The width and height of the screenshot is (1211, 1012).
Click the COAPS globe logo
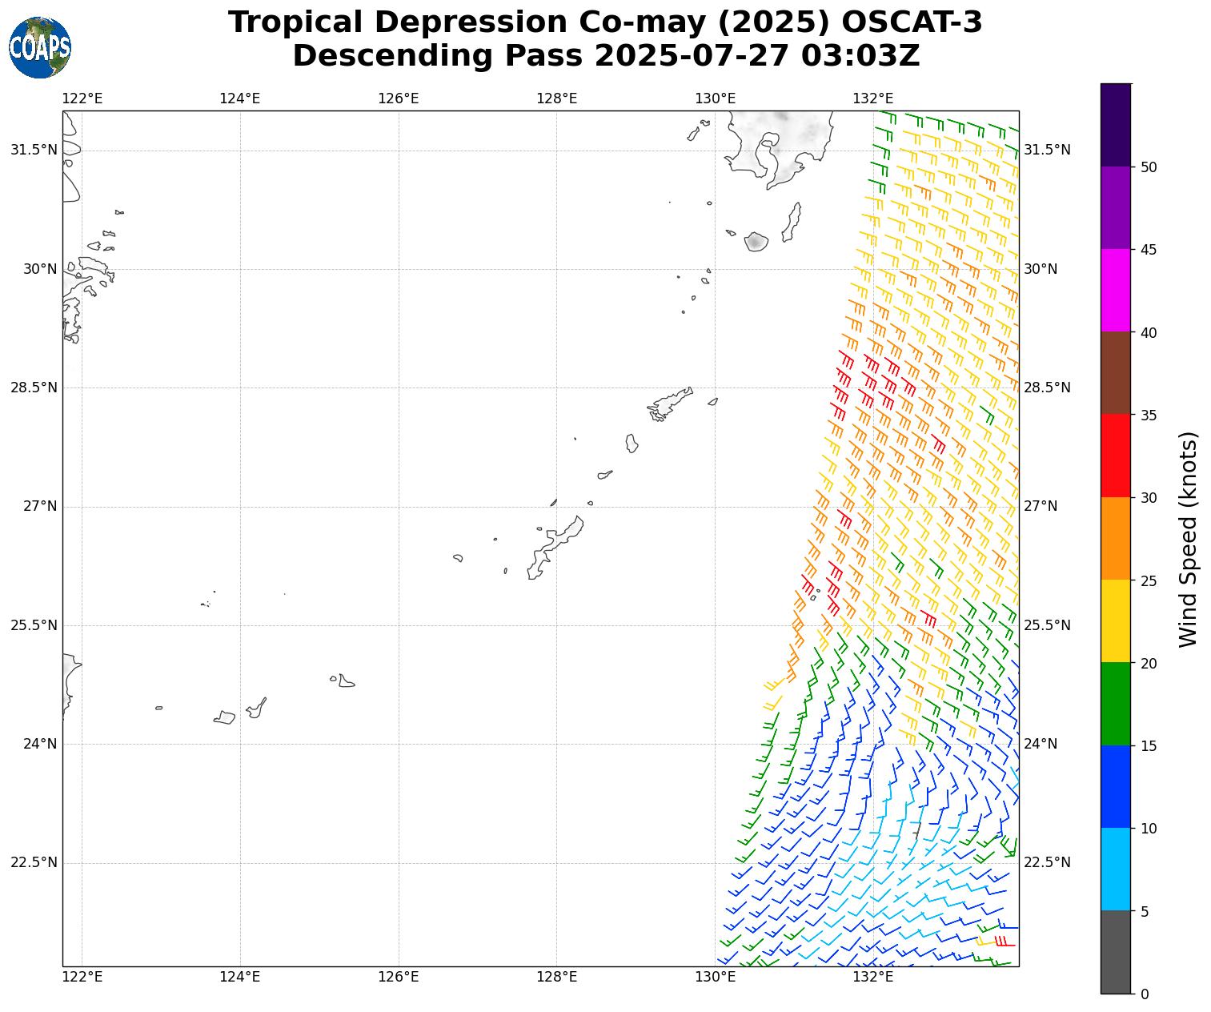coord(40,48)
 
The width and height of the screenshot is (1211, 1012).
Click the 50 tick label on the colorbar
coord(1149,167)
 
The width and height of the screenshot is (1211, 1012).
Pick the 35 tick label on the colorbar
coord(1149,416)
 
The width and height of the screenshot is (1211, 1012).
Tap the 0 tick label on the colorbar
coord(1145,994)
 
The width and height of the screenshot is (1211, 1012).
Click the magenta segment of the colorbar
coord(1116,290)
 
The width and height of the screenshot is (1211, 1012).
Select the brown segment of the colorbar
coord(1116,373)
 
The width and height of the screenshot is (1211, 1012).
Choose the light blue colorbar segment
coord(1116,869)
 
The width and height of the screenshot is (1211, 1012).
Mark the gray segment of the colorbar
coord(1116,952)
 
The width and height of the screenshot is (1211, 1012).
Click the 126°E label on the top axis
coord(399,98)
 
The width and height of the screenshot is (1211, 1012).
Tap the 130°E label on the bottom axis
coord(716,977)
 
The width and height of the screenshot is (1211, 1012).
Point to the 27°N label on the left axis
coord(40,506)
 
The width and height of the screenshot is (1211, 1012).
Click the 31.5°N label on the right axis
coord(1047,151)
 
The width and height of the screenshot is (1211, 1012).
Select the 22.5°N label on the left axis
coord(34,862)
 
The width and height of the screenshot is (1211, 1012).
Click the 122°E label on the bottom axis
coord(82,977)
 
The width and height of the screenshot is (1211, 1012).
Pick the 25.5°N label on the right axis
coord(1047,625)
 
